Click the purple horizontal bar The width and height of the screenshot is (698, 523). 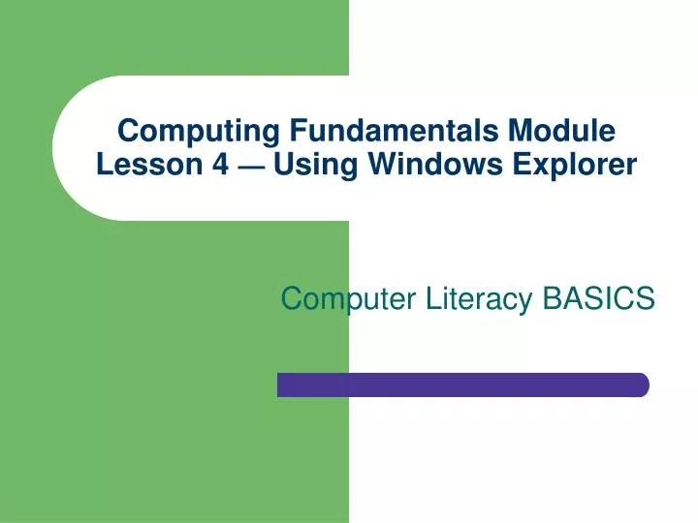[x=462, y=385]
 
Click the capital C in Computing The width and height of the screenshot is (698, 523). [x=125, y=130]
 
